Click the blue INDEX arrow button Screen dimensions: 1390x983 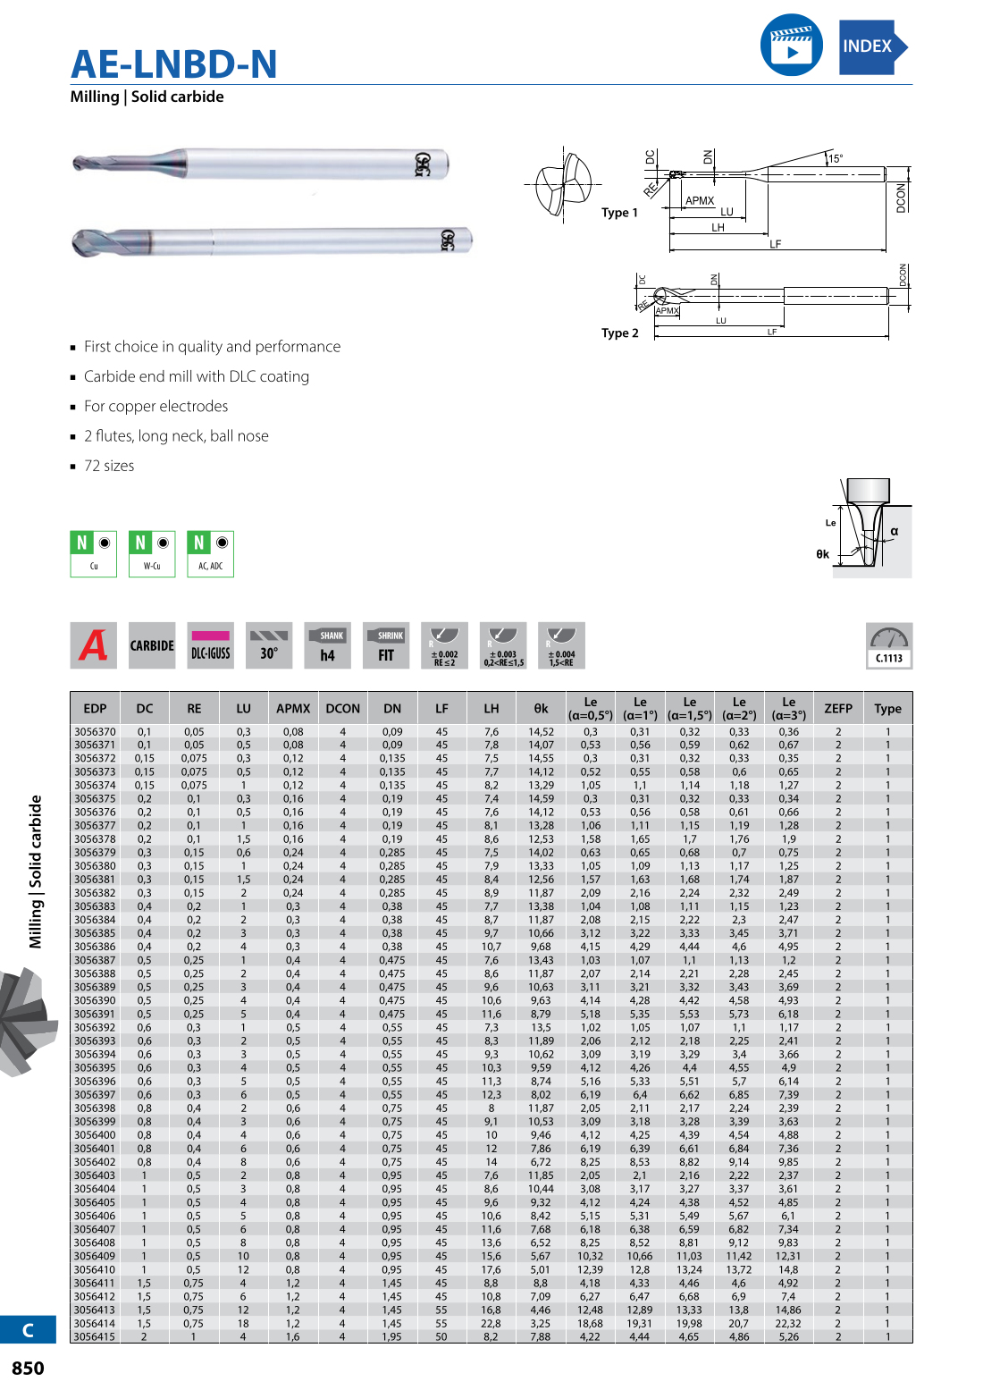click(x=872, y=46)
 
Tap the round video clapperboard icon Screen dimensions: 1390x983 click(x=791, y=45)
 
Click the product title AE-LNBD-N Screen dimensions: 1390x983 click(x=174, y=64)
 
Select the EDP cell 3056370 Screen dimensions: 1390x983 click(x=95, y=731)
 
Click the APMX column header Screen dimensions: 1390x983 click(x=293, y=708)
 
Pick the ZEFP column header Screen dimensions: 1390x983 click(x=837, y=708)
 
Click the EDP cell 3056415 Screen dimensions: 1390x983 click(x=95, y=1336)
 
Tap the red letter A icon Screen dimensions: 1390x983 click(x=94, y=645)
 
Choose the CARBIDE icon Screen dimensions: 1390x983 click(x=152, y=645)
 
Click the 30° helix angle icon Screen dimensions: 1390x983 click(x=269, y=645)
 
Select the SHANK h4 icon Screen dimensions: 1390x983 click(x=327, y=645)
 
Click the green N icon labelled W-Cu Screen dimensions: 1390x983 click(x=152, y=553)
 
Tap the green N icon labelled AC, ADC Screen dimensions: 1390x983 click(x=211, y=553)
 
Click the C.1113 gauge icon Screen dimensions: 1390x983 click(x=888, y=645)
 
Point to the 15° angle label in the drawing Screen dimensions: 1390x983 click(x=835, y=158)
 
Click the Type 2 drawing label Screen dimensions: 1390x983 click(x=619, y=333)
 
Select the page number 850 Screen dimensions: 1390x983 click(x=28, y=1368)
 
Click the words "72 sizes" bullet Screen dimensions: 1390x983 click(x=109, y=466)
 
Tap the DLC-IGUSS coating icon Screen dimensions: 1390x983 click(x=211, y=645)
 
